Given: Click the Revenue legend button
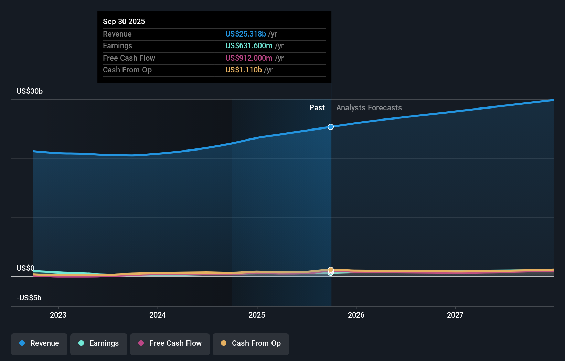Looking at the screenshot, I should tap(39, 344).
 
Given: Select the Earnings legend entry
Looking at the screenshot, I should tap(99, 344).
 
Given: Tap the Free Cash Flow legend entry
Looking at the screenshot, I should tap(170, 344).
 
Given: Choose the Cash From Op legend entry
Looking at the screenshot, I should tap(251, 344).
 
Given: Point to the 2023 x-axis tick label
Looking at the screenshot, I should tap(58, 315).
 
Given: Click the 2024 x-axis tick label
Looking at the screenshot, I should tap(158, 315).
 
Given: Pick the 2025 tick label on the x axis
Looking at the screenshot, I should tap(257, 315).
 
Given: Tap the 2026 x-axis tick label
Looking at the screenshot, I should tap(356, 315).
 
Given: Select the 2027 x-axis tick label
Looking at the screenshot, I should tap(455, 315).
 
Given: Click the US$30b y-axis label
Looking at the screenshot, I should tap(30, 91).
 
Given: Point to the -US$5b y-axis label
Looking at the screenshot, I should tap(29, 298).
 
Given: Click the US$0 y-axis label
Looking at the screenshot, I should tap(25, 268).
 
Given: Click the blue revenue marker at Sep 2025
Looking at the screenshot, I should tap(331, 127).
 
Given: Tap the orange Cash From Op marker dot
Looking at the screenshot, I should tap(331, 270).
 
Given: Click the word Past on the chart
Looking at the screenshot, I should tap(317, 108).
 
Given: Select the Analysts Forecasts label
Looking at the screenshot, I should tap(369, 108).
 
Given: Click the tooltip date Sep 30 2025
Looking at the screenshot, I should tap(124, 21).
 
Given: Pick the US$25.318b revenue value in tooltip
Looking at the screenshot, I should tap(246, 34).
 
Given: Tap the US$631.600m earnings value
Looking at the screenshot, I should tap(249, 46).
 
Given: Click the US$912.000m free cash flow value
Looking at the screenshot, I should tap(249, 58).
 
